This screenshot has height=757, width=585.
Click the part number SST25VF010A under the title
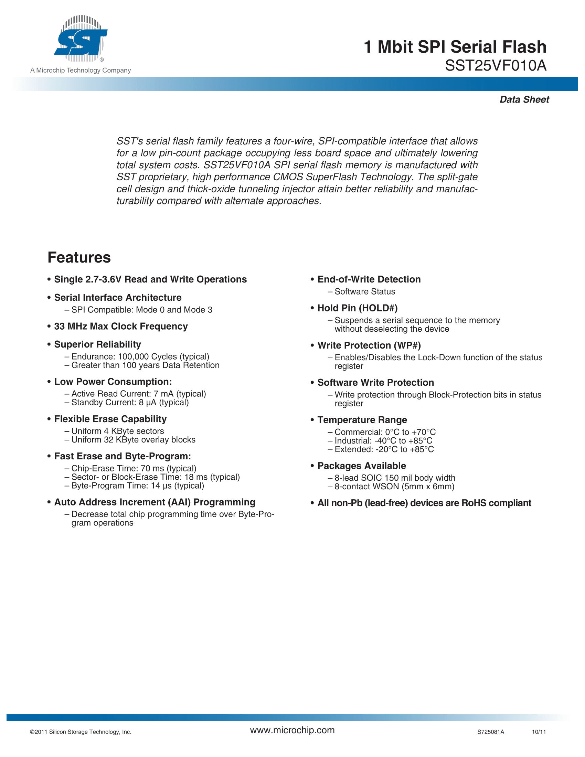pos(496,66)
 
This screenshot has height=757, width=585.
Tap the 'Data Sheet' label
pos(524,100)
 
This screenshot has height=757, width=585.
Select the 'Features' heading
pos(79,257)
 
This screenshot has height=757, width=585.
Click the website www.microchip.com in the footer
pos(292,730)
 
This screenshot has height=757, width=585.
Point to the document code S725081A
pos(490,732)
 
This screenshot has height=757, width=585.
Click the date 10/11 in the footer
pos(539,732)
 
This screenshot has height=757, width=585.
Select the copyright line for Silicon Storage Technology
pos(81,732)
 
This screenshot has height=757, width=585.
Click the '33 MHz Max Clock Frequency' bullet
pos(120,327)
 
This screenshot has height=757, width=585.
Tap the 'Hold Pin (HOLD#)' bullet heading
pos(357,308)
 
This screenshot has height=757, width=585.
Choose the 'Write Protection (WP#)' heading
pos(369,345)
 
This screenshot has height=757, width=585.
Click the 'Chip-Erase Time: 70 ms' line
pos(134,469)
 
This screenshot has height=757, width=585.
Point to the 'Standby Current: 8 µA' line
pos(130,403)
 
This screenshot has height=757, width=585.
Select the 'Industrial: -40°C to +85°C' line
pos(383,441)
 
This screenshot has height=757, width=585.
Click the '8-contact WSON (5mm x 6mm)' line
pos(394,487)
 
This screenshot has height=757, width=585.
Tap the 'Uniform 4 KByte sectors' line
pos(117,431)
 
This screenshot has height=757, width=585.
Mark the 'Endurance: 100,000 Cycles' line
pos(140,357)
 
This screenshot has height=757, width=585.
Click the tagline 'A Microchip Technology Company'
pos(81,70)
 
